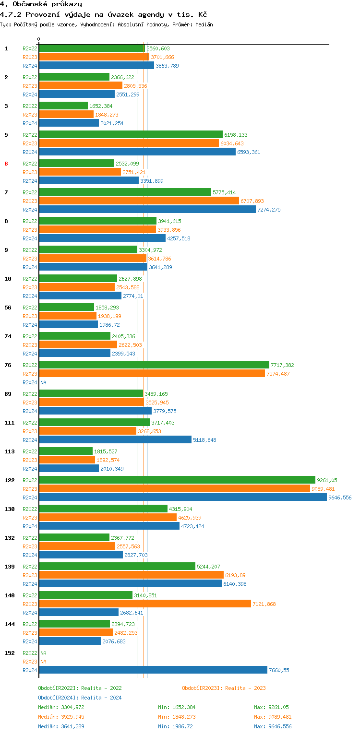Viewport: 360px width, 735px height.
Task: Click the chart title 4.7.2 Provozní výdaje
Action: [x=103, y=14]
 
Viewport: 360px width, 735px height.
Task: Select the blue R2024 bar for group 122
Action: [x=182, y=498]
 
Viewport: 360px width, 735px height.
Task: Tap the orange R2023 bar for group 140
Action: [x=144, y=604]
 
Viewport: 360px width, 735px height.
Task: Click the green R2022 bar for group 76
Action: [x=154, y=365]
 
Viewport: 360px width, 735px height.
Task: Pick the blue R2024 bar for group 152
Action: [x=153, y=670]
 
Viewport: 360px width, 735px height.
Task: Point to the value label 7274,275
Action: [x=269, y=210]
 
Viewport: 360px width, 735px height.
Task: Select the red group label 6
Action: [x=6, y=164]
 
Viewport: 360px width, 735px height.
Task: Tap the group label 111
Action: [x=9, y=423]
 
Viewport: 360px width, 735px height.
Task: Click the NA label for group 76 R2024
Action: [x=43, y=382]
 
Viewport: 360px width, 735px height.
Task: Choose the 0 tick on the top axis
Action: [x=39, y=39]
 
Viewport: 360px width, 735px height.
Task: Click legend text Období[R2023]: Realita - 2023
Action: [x=224, y=688]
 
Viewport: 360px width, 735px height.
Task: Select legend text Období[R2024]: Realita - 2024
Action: [x=80, y=698]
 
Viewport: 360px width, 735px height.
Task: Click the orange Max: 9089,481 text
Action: [x=273, y=717]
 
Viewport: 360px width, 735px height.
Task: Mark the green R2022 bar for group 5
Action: [x=131, y=135]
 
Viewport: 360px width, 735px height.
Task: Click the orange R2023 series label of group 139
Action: [x=30, y=575]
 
